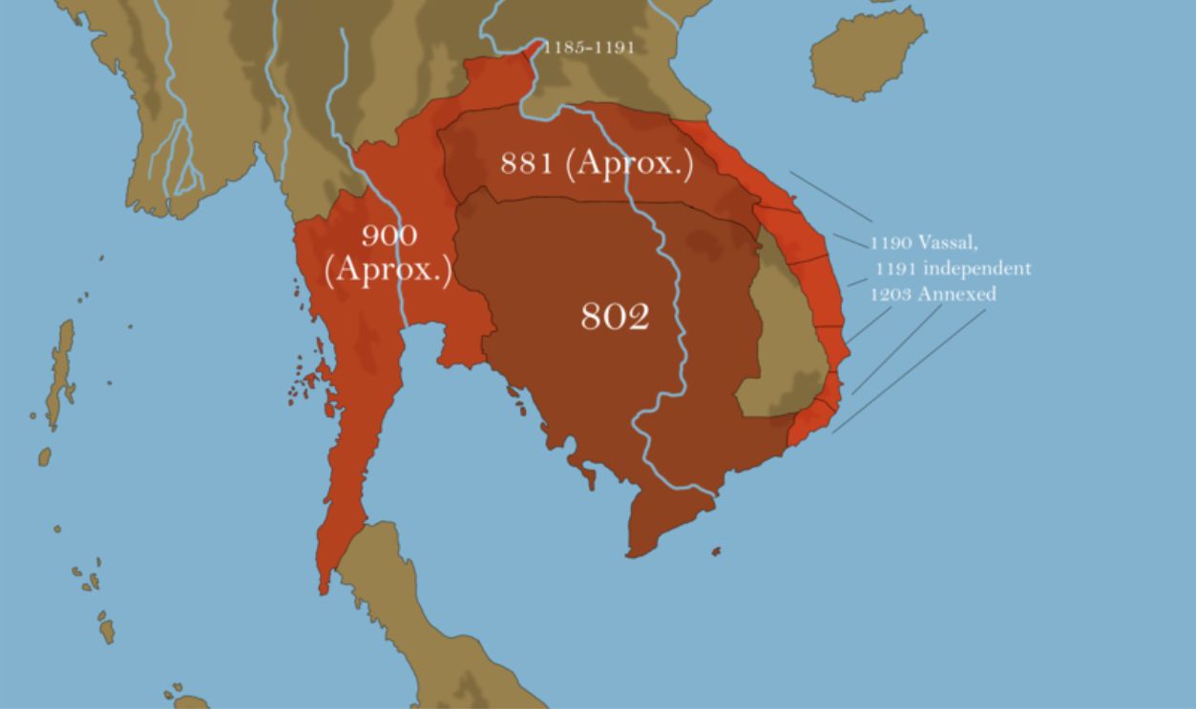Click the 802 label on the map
615,316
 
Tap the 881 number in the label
527,163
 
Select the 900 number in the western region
388,236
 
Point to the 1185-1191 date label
588,48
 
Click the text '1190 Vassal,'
923,242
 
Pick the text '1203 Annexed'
933,294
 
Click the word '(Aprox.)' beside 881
629,163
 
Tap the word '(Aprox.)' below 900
388,269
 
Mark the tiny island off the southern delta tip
716,551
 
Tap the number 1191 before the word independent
895,268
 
